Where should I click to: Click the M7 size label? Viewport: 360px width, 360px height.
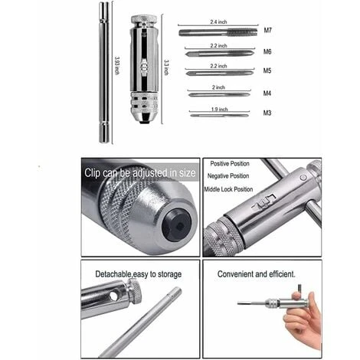267,31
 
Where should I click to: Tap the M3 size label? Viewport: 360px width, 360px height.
267,113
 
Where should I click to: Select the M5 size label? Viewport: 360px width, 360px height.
267,70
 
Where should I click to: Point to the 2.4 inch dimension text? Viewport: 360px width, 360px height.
218,22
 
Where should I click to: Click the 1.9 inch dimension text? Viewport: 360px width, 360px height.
219,110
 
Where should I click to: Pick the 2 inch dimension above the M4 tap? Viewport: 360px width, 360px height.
218,87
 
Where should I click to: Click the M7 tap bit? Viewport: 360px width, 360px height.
218,32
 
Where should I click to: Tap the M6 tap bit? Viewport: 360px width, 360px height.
220,54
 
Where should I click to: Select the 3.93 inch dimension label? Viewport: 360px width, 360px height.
117,65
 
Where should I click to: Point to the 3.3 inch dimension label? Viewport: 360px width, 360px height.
166,67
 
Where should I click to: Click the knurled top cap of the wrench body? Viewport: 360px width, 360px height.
144,19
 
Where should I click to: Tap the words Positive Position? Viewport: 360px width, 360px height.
230,164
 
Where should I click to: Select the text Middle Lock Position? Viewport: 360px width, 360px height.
228,189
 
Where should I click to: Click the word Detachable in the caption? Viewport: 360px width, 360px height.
113,274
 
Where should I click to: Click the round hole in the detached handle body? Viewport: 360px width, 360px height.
114,296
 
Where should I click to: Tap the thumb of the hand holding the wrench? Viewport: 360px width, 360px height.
296,296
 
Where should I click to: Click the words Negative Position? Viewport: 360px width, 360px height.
228,176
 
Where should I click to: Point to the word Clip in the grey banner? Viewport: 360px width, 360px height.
92,173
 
